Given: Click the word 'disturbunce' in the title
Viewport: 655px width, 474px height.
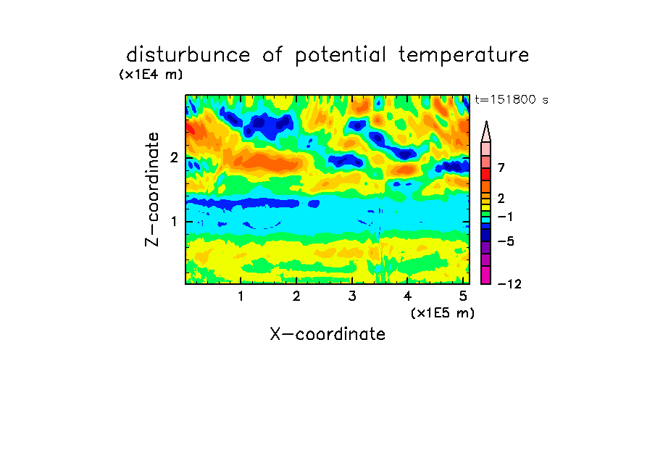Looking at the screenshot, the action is tap(188, 55).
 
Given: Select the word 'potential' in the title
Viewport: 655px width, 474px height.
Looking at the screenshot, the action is tap(341, 56).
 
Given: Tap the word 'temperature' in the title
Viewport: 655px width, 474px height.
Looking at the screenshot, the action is tap(464, 56).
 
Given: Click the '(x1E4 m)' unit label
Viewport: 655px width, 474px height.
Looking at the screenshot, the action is tap(151, 75).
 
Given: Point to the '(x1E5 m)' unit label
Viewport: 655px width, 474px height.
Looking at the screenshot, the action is tap(443, 312).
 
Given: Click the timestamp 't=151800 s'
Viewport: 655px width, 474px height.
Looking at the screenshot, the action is tap(512, 99).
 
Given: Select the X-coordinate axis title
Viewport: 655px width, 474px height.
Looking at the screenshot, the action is tap(327, 334).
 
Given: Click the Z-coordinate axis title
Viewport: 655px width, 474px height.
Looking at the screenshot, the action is tap(152, 189).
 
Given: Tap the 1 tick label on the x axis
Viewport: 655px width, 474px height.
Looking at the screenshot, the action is tap(241, 296).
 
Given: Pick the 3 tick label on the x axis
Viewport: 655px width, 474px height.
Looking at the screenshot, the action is tap(352, 296).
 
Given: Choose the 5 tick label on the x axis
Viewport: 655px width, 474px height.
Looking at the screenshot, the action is tap(463, 296).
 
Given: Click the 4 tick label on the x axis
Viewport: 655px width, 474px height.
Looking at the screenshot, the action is tap(408, 296).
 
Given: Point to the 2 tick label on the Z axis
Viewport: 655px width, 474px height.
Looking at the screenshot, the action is tap(174, 157).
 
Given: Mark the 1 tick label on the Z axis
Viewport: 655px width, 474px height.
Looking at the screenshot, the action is tap(174, 221).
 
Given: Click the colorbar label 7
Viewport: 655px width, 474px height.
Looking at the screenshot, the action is tap(501, 168).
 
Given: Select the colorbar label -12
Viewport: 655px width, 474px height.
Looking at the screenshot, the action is tap(509, 284).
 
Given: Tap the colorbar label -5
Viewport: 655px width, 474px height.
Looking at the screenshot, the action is tap(506, 241).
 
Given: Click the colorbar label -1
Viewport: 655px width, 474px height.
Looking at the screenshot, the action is tap(505, 217).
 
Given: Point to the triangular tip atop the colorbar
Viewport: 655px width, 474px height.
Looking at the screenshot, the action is tap(486, 122).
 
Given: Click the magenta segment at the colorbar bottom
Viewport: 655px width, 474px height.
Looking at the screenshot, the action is tap(486, 275).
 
